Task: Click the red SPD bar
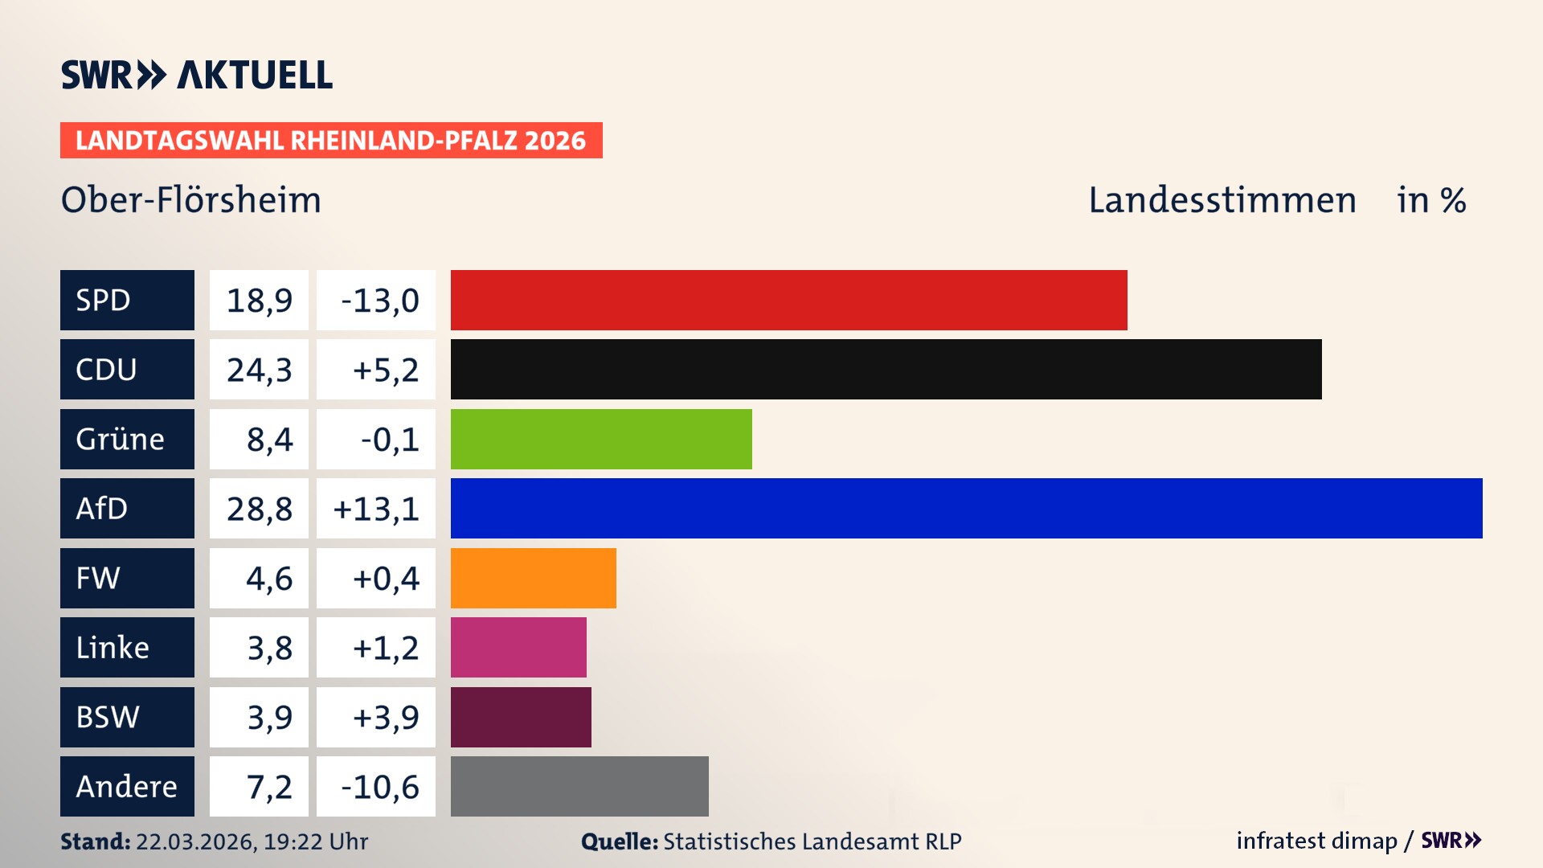click(788, 300)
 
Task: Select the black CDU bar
click(886, 370)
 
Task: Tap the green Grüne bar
click(601, 439)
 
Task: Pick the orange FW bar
click(533, 578)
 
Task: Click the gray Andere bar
click(579, 786)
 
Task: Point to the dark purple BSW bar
click(521, 717)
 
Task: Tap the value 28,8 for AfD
click(259, 509)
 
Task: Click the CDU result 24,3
click(259, 370)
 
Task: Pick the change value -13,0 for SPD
click(379, 301)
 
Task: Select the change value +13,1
click(376, 509)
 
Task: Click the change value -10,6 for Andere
click(379, 787)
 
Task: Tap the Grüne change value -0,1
click(389, 440)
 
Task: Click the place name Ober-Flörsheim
click(191, 200)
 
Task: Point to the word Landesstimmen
click(1222, 200)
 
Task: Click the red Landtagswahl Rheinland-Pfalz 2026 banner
click(331, 141)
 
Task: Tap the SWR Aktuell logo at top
click(197, 75)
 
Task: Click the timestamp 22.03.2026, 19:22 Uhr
click(252, 841)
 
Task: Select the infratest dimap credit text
click(1316, 841)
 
